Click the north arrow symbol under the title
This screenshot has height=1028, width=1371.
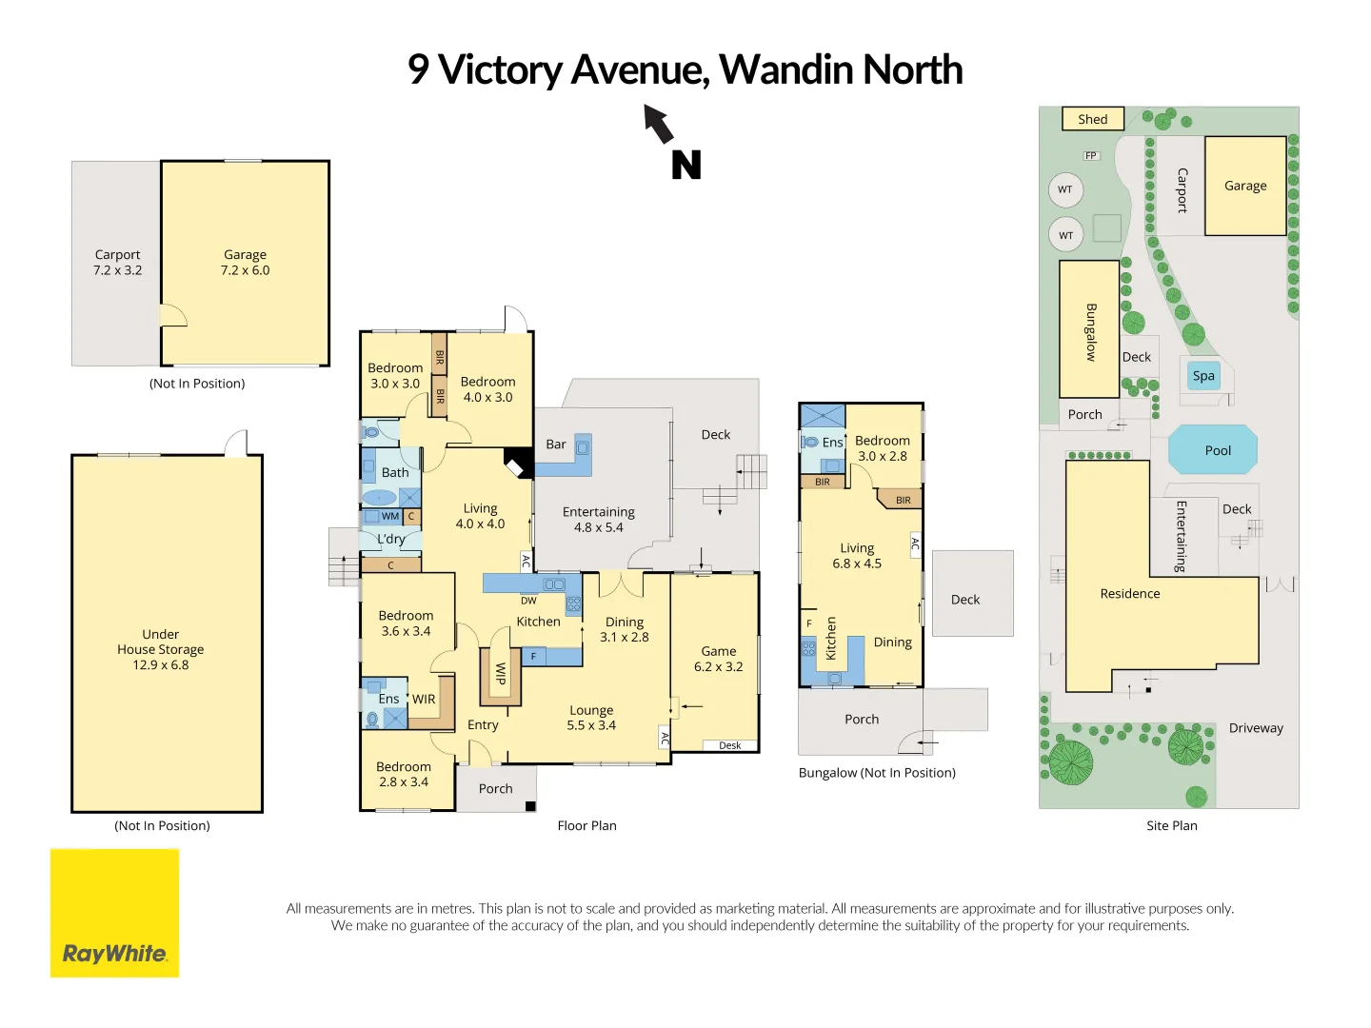pos(659,124)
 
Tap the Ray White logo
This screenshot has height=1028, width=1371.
pos(114,913)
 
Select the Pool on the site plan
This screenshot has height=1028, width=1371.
pos(1213,450)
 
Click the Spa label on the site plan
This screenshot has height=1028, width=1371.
pos(1203,376)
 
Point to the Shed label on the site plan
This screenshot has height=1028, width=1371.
pos(1093,119)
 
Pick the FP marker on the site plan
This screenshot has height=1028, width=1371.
pos(1091,155)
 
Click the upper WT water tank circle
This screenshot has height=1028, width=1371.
pos(1065,189)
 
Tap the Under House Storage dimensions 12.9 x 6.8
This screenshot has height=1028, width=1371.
pos(161,665)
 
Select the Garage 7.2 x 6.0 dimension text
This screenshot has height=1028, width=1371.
pos(246,270)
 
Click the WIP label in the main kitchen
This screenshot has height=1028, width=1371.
pos(500,674)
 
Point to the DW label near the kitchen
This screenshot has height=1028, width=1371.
pos(528,601)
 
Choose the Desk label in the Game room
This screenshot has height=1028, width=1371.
pos(730,745)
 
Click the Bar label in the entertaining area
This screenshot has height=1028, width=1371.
pos(556,445)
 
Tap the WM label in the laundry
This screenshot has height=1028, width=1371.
pos(390,516)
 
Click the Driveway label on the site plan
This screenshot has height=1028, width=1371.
pos(1256,728)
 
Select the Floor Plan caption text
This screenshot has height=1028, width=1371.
pos(586,825)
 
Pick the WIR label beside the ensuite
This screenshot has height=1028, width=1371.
pos(424,699)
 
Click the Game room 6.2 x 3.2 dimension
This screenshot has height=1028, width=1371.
pos(719,666)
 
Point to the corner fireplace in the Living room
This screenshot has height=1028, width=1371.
pos(518,463)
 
